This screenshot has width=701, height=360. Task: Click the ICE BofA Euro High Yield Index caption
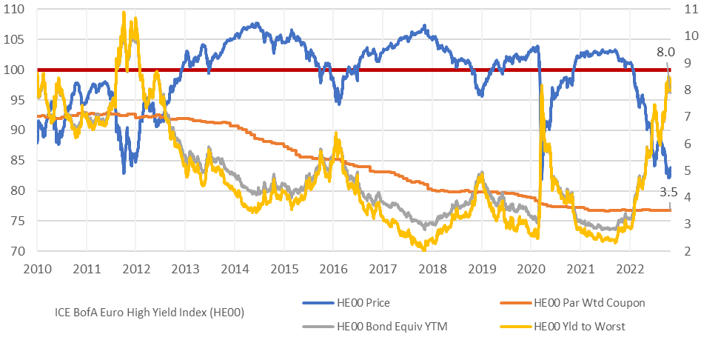coord(149,312)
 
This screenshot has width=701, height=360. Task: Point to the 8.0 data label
coord(666,53)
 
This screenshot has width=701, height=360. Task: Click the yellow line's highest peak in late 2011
coord(123,13)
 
